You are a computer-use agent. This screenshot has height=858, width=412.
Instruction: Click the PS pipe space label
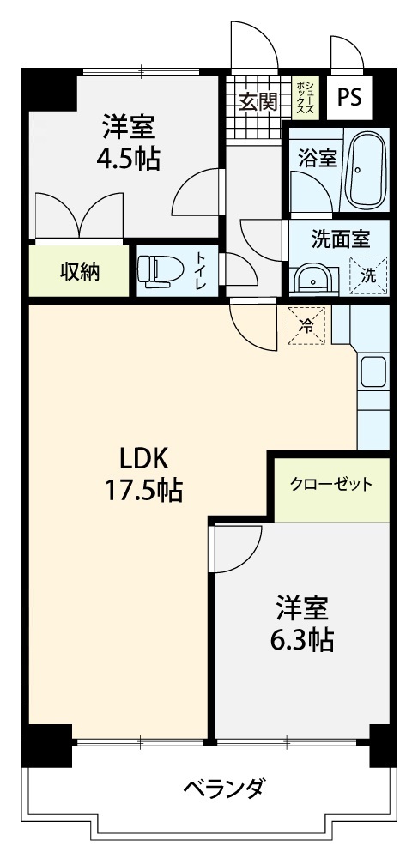coord(349,98)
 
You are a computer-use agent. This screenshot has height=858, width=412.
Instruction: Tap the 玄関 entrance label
coord(258,101)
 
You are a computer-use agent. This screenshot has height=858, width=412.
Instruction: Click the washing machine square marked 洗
coord(368,276)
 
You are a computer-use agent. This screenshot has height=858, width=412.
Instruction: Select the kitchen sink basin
coord(375,373)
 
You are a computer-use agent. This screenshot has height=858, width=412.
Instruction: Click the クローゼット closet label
coord(331,484)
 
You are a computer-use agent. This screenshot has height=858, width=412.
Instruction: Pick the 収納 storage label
coord(80,271)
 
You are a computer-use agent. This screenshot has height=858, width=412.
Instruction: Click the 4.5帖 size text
coord(129,160)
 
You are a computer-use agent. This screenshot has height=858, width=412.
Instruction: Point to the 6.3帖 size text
coord(302,638)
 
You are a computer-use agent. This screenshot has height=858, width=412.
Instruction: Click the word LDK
coord(143,458)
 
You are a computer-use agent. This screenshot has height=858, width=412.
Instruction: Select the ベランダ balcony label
coord(225,789)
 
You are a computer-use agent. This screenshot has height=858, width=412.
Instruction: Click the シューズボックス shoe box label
coord(305,99)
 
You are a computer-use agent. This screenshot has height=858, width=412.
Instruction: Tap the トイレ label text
coord(202,270)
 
